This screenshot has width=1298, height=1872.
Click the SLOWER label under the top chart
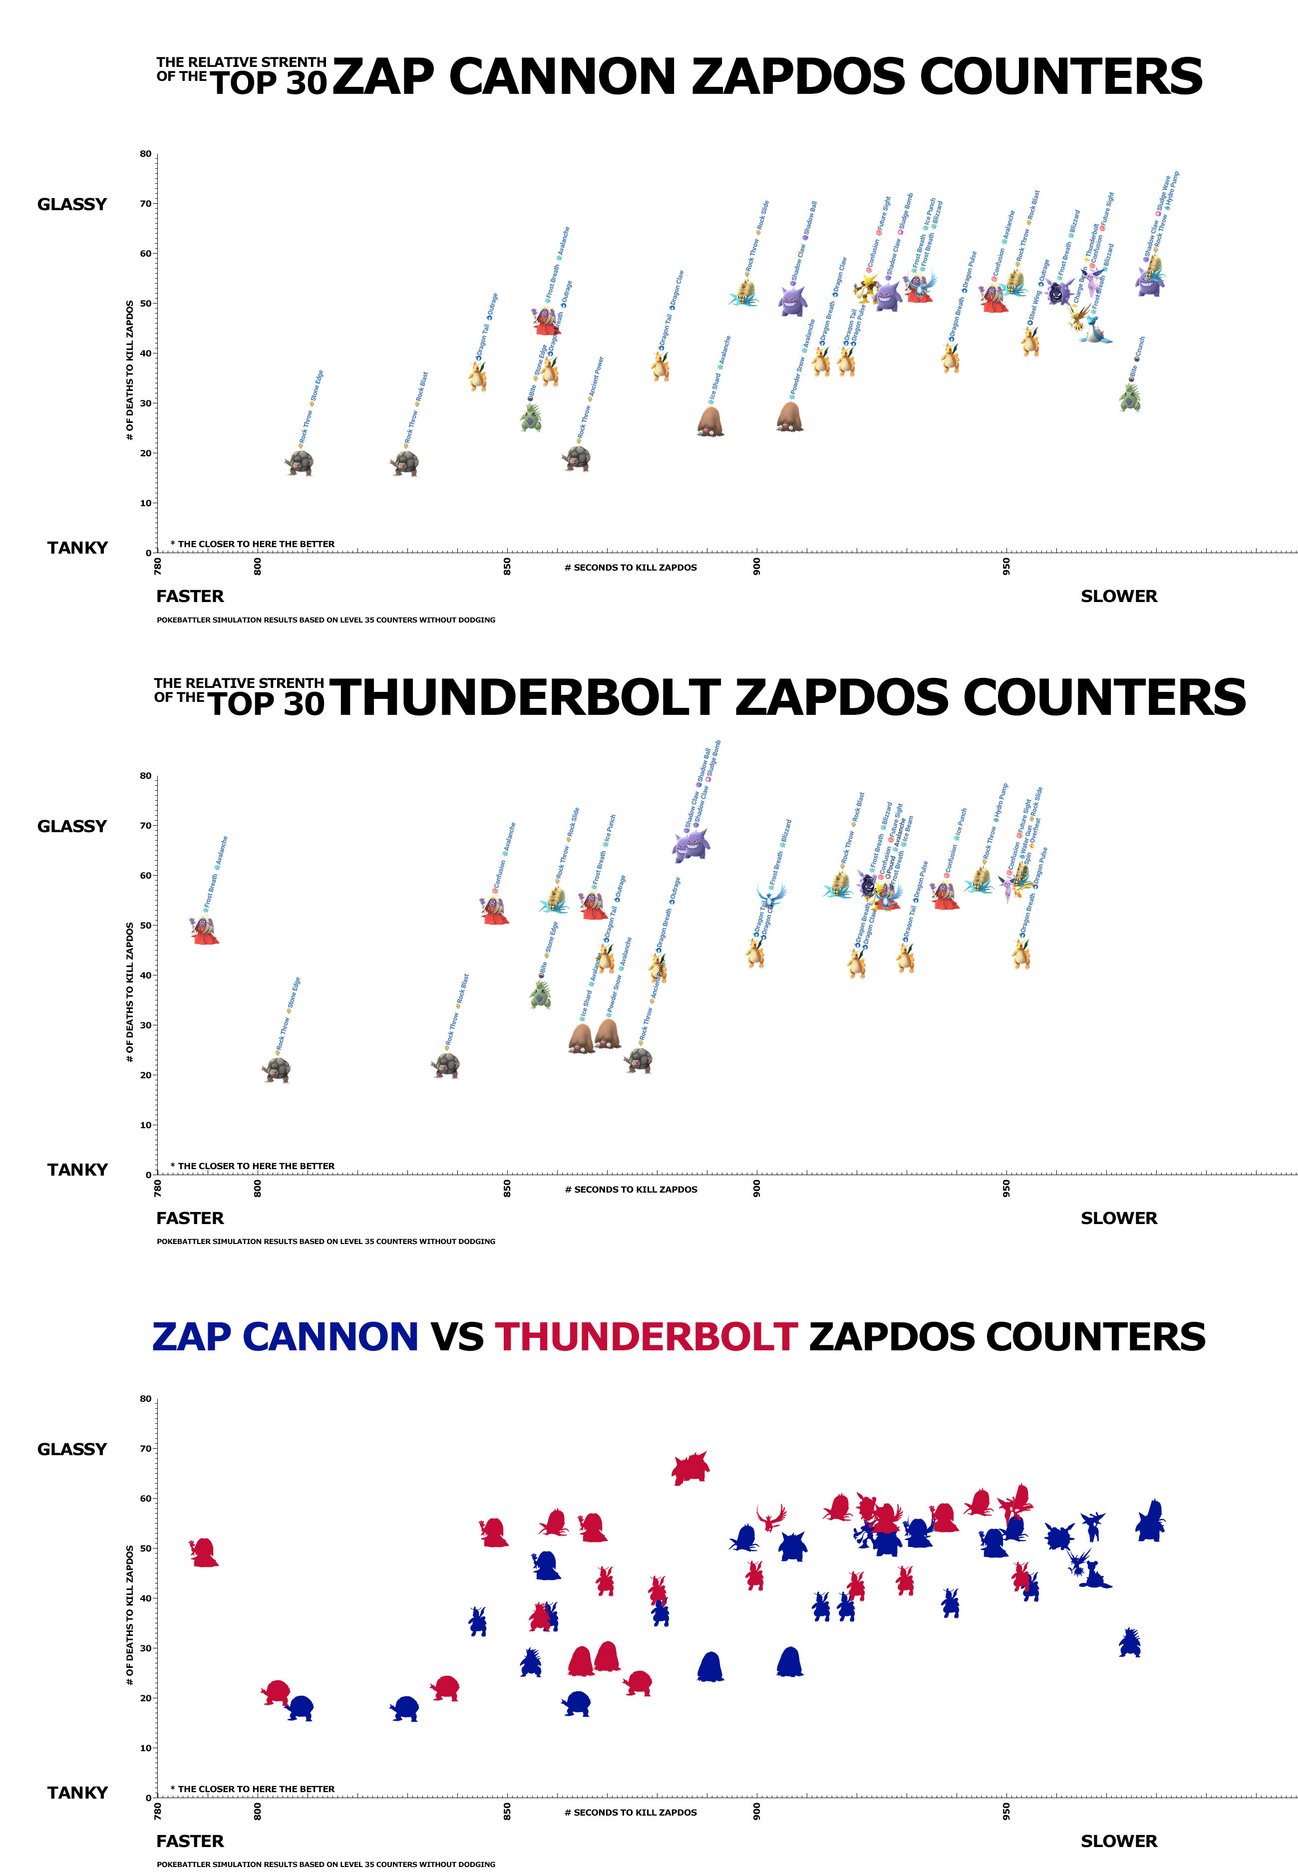pyautogui.click(x=1118, y=596)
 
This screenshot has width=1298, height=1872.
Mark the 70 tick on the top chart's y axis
pyautogui.click(x=146, y=203)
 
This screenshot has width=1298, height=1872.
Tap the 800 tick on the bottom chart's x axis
pyautogui.click(x=258, y=1811)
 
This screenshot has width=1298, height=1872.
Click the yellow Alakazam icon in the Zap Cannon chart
pyautogui.click(x=866, y=289)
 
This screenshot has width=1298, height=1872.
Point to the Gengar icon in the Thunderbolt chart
pyautogui.click(x=691, y=846)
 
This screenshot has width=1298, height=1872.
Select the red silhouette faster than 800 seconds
pyautogui.click(x=204, y=1552)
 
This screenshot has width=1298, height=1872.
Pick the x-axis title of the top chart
pyautogui.click(x=631, y=568)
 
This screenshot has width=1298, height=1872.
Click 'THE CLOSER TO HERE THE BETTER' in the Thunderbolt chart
pyautogui.click(x=256, y=1166)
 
